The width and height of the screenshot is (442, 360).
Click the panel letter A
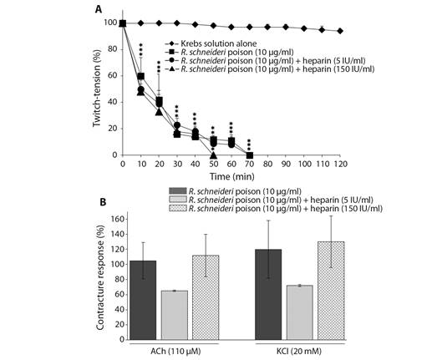pos(99,9)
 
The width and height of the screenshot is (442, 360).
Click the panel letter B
pos(103,202)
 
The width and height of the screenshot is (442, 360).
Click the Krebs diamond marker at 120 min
pos(340,31)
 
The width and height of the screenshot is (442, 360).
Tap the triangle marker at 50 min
pos(213,155)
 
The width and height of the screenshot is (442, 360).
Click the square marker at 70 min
pos(250,155)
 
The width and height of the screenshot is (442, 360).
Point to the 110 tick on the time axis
pos(323,164)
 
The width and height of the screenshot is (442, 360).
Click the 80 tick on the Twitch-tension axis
pos(113,49)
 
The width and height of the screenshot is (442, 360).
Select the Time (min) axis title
pos(231,176)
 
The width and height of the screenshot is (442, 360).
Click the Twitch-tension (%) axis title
pos(97,89)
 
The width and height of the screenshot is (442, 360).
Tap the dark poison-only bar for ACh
pos(143,300)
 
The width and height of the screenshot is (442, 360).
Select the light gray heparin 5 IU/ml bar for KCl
pos(300,312)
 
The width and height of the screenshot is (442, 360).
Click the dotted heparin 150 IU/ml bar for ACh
pos(206,297)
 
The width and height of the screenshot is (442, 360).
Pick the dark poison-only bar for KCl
pos(268,294)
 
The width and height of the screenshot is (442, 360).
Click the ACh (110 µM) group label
pos(175,352)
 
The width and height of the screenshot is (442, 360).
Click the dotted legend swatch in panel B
pos(178,209)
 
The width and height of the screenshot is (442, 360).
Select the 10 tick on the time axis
pos(140,164)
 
